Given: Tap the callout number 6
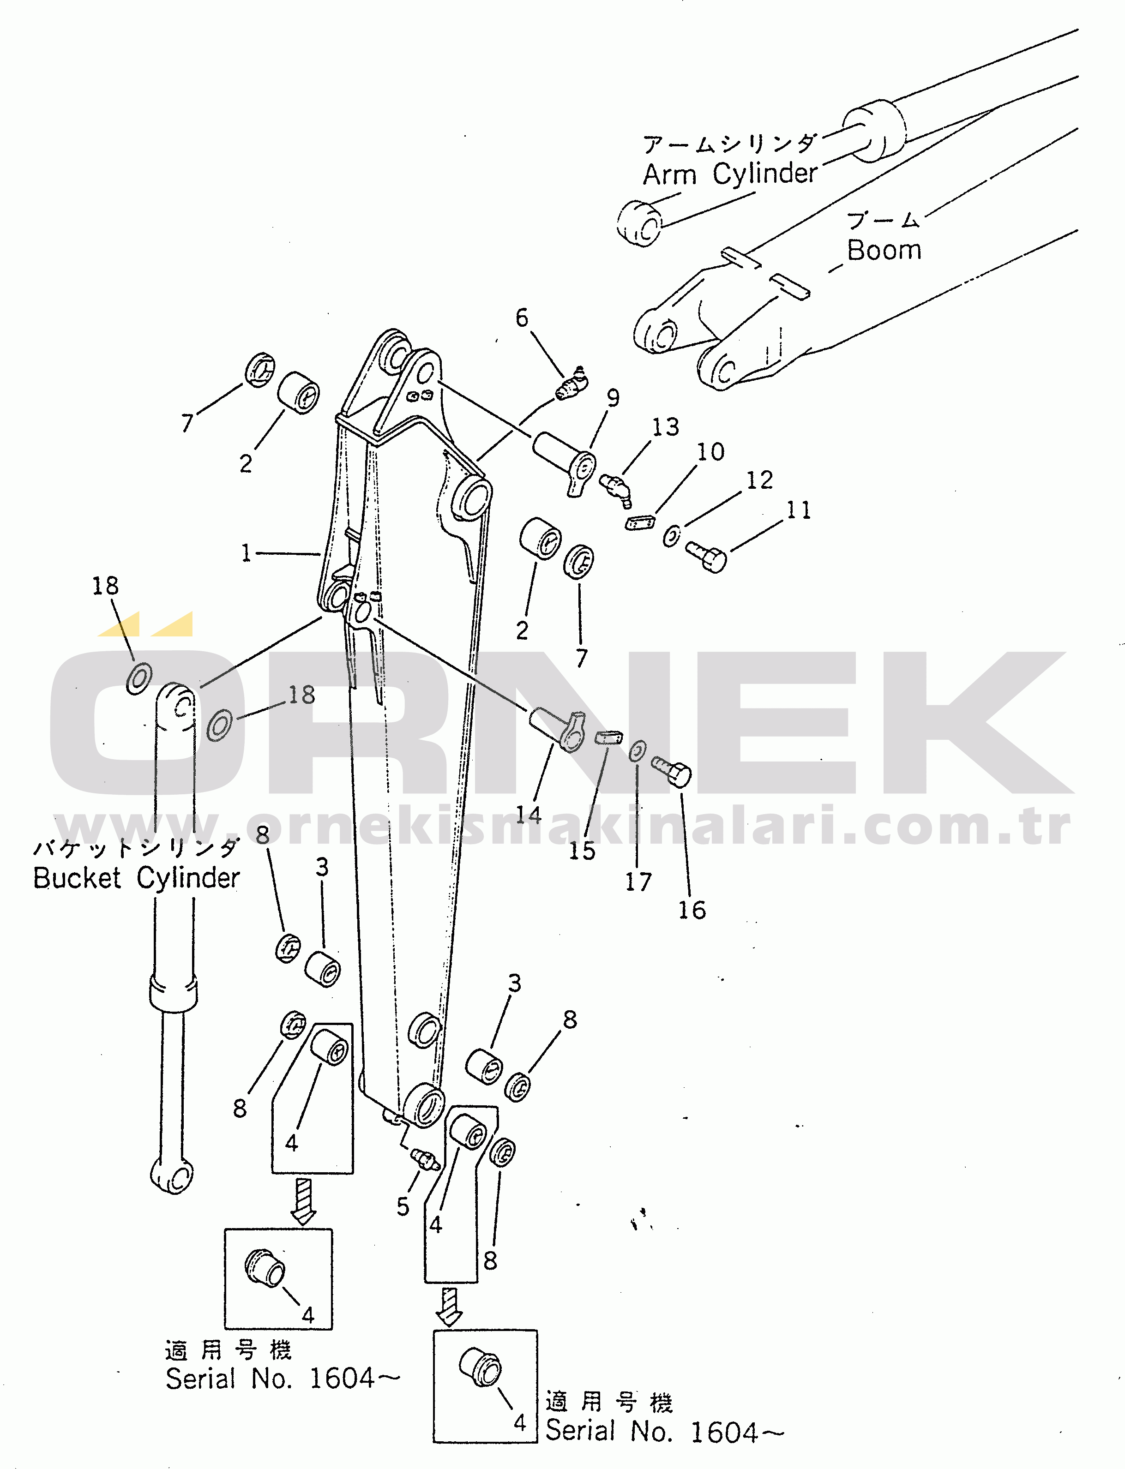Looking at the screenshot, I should (522, 318).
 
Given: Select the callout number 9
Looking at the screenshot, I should (613, 398).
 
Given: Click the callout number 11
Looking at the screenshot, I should (798, 510).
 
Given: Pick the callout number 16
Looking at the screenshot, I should (692, 910).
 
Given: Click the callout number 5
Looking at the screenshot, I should (403, 1206).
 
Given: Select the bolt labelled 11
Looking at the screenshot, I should (707, 557).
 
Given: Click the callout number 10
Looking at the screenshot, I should (710, 452).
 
